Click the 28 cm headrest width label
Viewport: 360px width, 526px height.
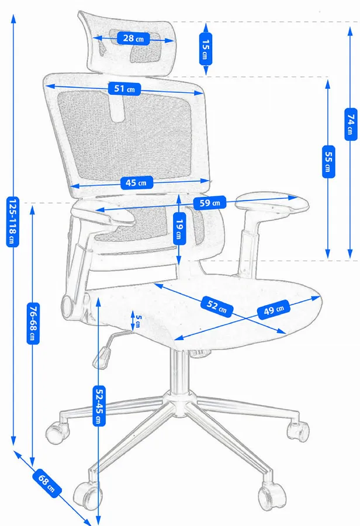(133, 38)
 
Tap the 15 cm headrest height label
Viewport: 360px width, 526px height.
(206, 49)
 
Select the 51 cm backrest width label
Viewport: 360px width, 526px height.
(124, 89)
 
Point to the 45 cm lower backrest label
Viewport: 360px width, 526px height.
(136, 183)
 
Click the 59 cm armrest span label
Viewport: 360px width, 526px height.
(210, 203)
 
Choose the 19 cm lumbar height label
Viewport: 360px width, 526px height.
(179, 229)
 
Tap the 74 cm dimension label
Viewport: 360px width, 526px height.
(351, 124)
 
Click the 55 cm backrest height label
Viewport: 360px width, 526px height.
(328, 162)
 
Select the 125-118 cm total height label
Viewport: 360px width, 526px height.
(12, 222)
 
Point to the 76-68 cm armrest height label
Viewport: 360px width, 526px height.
(33, 323)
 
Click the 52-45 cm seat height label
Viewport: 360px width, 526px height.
(99, 406)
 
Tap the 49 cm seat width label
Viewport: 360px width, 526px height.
(274, 310)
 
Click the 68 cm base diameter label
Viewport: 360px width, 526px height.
(47, 483)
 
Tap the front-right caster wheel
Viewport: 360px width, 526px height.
(272, 496)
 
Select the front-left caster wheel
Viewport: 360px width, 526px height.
(87, 496)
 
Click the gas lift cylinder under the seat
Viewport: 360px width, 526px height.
(179, 372)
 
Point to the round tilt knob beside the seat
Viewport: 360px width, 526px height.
(68, 305)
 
